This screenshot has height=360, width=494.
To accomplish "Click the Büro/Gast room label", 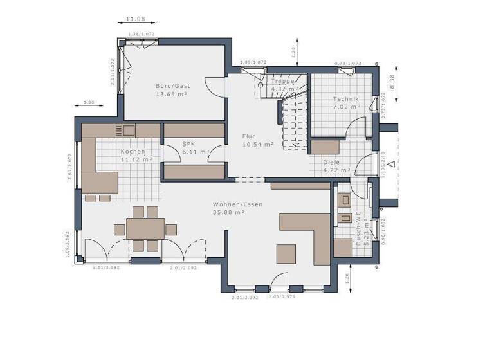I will pyautogui.click(x=173, y=85).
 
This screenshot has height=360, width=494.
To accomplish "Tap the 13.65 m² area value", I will pyautogui.click(x=171, y=94).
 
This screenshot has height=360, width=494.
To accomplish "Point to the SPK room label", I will pyautogui.click(x=188, y=145).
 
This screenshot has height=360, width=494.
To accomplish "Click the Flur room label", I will pyautogui.click(x=249, y=136).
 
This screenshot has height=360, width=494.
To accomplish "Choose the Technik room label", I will pyautogui.click(x=345, y=99).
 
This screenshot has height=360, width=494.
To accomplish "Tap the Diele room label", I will pyautogui.click(x=331, y=163).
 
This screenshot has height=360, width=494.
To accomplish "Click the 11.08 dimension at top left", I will pyautogui.click(x=134, y=21).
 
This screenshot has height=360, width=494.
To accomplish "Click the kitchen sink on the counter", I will pyautogui.click(x=125, y=130).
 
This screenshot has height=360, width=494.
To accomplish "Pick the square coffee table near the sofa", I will pyautogui.click(x=286, y=253).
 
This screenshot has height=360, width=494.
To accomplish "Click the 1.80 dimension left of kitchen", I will pyautogui.click(x=89, y=102).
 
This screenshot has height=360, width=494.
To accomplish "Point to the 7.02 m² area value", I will pyautogui.click(x=345, y=107).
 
